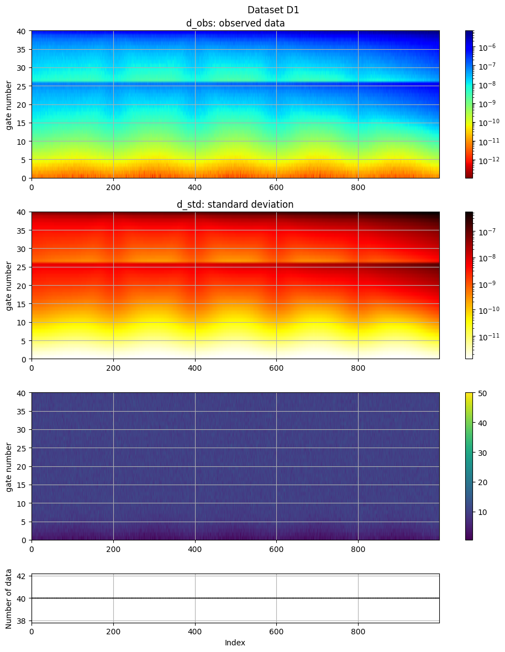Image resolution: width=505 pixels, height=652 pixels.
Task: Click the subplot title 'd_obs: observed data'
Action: tap(235, 23)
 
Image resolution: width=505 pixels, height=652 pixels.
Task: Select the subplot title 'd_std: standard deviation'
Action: tap(235, 204)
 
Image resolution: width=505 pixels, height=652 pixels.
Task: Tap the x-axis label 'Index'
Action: tap(235, 643)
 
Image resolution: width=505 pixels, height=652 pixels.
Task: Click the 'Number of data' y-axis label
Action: tap(9, 598)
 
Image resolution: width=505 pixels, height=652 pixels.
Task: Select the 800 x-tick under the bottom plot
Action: tap(358, 630)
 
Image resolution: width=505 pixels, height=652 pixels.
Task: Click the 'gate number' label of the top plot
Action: tap(9, 104)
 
